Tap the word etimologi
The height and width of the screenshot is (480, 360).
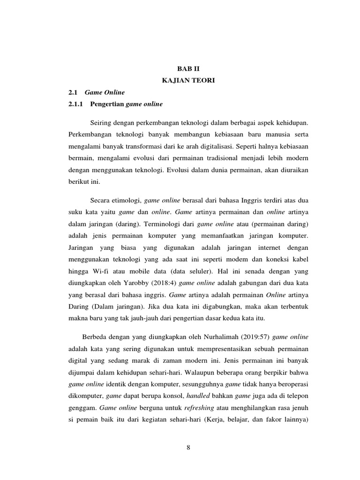(x=126, y=200)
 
